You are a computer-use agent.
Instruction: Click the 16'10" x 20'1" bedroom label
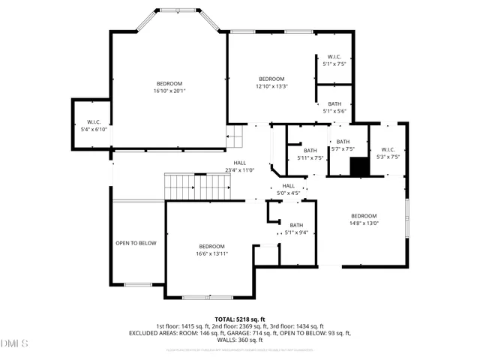click(x=169, y=87)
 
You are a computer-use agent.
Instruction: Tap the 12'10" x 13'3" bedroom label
click(x=271, y=82)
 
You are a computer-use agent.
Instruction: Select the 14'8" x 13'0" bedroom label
click(x=364, y=219)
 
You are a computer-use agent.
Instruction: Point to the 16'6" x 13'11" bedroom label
click(x=211, y=250)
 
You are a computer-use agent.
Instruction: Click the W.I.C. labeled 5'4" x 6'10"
click(x=94, y=125)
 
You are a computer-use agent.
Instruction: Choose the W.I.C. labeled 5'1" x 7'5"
click(x=334, y=61)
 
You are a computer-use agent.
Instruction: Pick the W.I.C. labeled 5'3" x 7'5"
click(x=387, y=153)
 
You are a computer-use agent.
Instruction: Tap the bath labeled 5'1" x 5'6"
click(x=334, y=107)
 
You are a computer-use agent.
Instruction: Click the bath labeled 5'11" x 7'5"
click(x=310, y=154)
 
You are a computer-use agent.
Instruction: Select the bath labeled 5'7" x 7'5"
click(x=343, y=145)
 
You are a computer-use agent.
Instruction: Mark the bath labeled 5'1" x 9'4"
click(x=296, y=229)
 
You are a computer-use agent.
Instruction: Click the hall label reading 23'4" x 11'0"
click(x=240, y=166)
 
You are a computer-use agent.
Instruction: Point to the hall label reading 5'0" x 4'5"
click(x=289, y=190)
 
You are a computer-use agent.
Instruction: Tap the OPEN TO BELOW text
click(x=136, y=243)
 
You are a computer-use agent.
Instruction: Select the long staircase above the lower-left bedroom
click(x=196, y=186)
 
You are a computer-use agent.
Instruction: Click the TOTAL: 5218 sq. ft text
click(x=239, y=319)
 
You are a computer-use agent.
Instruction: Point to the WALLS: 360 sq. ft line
click(x=239, y=340)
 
